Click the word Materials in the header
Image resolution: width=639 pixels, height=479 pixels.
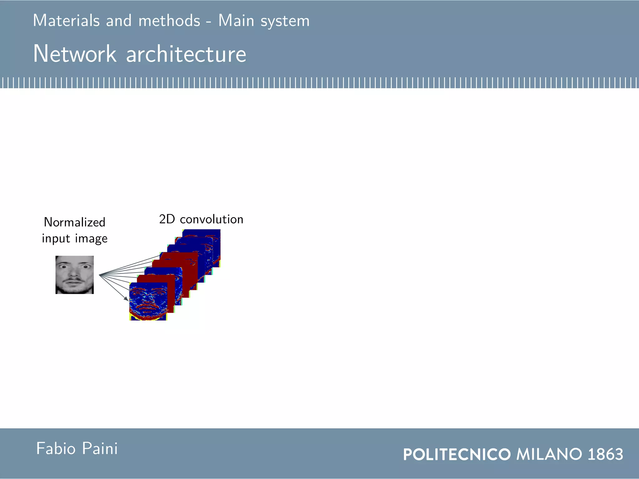pos(66,21)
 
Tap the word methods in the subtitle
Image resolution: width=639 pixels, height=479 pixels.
pos(169,21)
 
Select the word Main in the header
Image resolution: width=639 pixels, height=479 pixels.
pos(236,21)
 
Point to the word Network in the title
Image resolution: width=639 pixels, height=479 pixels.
pos(75,54)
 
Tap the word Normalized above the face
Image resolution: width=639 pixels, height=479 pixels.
pos(75,222)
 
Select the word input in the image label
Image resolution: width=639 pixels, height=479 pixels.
pos(56,239)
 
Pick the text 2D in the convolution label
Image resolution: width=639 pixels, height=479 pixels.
pos(167,219)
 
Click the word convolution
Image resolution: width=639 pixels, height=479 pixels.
pos(212,219)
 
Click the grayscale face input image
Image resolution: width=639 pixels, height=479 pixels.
pos(75,275)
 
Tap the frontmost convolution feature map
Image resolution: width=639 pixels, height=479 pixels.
pos(148,301)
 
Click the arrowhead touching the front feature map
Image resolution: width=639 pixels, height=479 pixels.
pos(127,299)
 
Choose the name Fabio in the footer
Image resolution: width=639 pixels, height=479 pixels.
pos(56,449)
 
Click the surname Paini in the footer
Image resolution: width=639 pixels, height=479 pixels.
pos(100,449)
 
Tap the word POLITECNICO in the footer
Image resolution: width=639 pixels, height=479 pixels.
pos(457,454)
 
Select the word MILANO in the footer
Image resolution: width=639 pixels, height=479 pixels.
pos(549,454)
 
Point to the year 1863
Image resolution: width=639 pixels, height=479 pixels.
pos(605,454)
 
